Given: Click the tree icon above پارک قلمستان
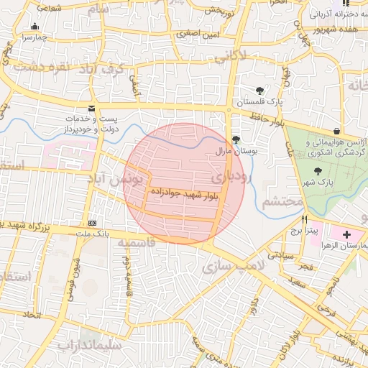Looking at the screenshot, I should pyautogui.click(x=259, y=91).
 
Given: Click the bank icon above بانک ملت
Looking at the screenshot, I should pyautogui.click(x=91, y=223).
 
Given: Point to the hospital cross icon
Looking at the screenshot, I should pyautogui.click(x=347, y=234).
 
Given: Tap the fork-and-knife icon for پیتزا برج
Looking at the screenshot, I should pyautogui.click(x=305, y=219).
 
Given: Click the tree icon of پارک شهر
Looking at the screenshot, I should pyautogui.click(x=318, y=171).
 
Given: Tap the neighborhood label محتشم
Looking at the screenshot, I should pyautogui.click(x=282, y=201).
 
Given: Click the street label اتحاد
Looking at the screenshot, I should pyautogui.click(x=32, y=314).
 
